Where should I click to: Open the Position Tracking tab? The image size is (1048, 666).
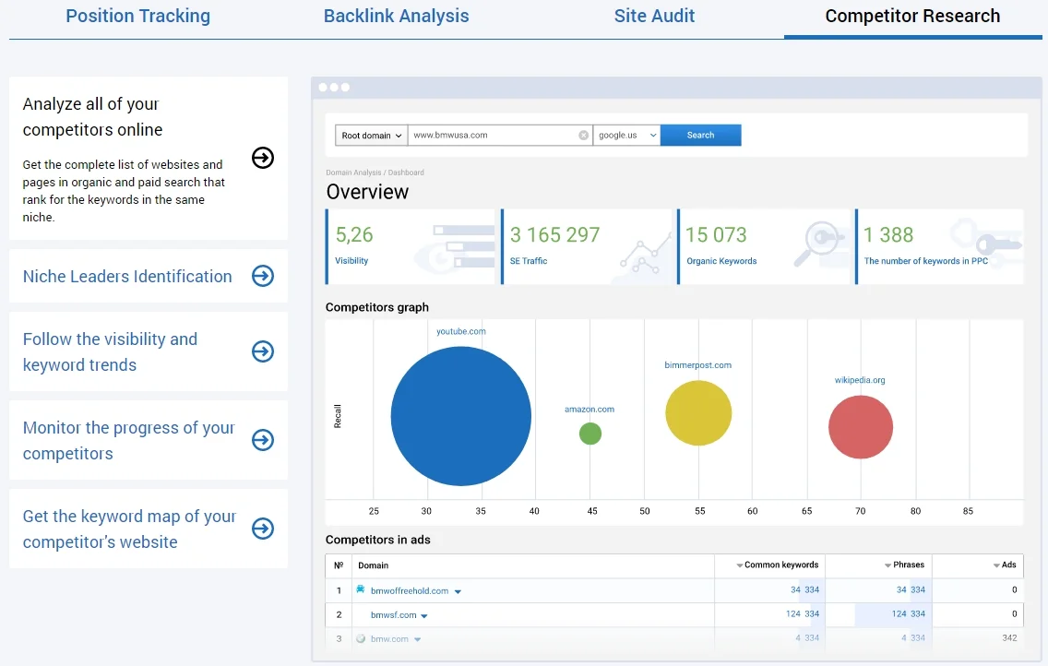[137, 17]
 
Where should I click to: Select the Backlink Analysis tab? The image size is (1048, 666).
[396, 17]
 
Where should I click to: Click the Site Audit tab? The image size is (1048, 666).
[654, 17]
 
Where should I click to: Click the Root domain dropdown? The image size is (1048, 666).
[371, 136]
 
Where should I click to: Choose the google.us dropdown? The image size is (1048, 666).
[626, 136]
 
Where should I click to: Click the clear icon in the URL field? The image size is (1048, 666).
[583, 136]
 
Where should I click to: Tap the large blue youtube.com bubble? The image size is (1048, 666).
[460, 417]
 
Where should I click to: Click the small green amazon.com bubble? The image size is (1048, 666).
[590, 434]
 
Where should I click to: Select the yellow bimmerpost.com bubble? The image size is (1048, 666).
[698, 413]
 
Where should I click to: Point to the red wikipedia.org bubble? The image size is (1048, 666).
[861, 427]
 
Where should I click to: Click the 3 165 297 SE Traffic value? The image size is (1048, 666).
[554, 235]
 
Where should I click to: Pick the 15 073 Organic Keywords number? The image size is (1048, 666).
[716, 235]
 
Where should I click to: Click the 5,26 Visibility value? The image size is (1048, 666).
[354, 235]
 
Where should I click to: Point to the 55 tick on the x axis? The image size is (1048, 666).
[698, 511]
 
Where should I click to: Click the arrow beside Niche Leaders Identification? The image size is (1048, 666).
[263, 276]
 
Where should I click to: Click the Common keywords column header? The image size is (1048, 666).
[780, 565]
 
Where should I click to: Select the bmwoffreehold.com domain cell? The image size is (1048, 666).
[409, 590]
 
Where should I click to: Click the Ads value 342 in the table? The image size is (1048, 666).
[1009, 638]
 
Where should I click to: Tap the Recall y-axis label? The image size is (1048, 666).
[338, 417]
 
